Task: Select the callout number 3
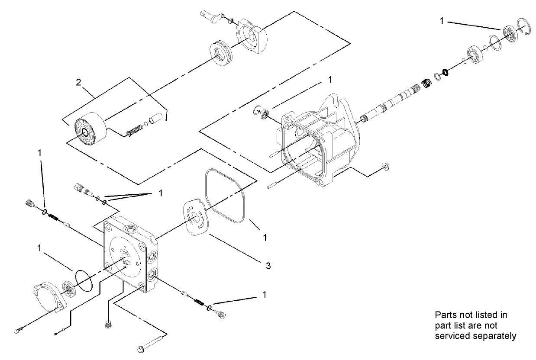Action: [268, 266]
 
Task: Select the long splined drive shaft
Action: [390, 104]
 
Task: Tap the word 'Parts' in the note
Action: [445, 315]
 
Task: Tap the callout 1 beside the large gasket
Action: [265, 237]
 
